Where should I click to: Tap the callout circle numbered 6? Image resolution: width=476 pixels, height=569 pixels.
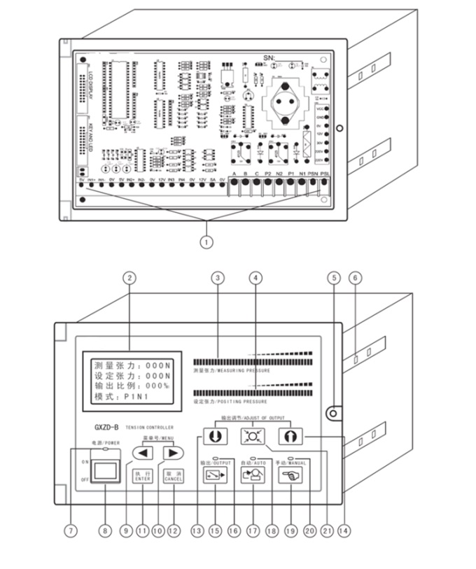pyautogui.click(x=355, y=277)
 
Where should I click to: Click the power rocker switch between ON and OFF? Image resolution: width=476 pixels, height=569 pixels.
pyautogui.click(x=104, y=472)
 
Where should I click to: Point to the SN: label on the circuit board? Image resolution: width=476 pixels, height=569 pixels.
pyautogui.click(x=269, y=57)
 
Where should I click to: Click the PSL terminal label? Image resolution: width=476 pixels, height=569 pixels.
pyautogui.click(x=324, y=174)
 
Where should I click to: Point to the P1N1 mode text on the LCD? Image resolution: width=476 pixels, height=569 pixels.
pyautogui.click(x=139, y=397)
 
